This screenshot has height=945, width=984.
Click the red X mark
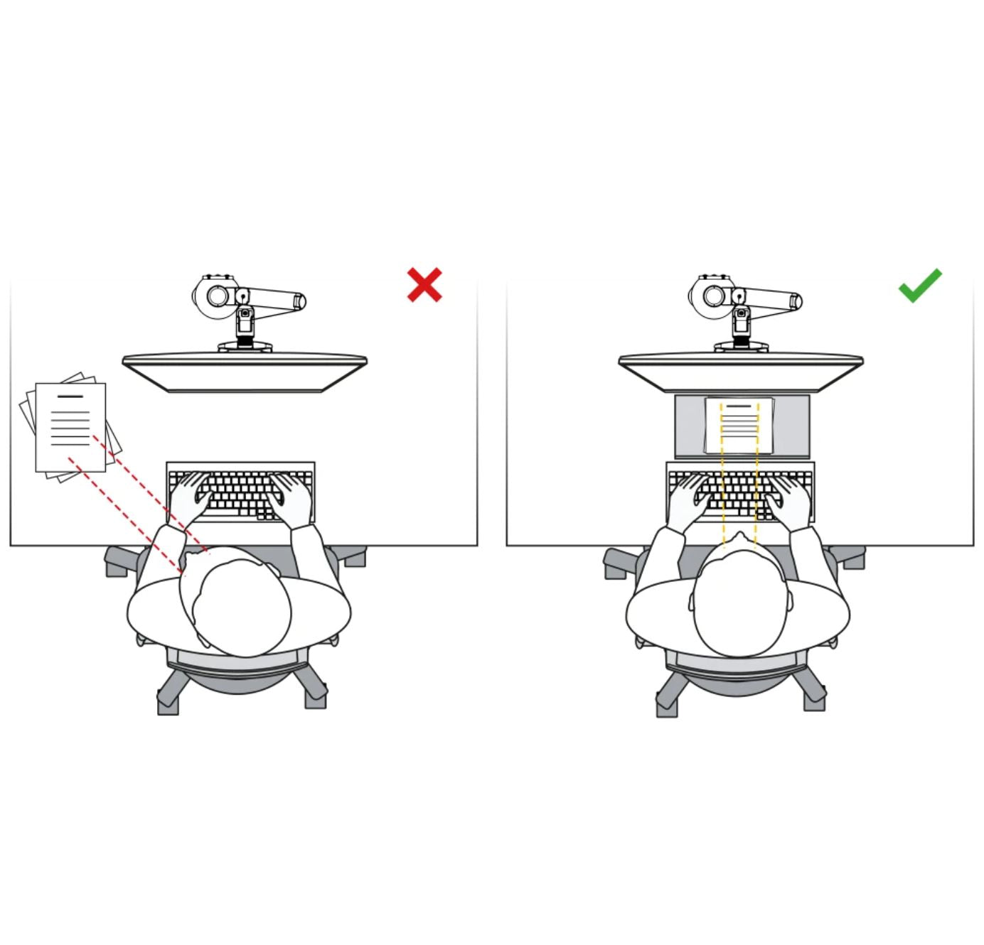point(424,285)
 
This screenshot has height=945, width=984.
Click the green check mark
point(920,286)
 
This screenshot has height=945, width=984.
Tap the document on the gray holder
point(739,425)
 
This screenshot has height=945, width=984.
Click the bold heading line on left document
point(70,396)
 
